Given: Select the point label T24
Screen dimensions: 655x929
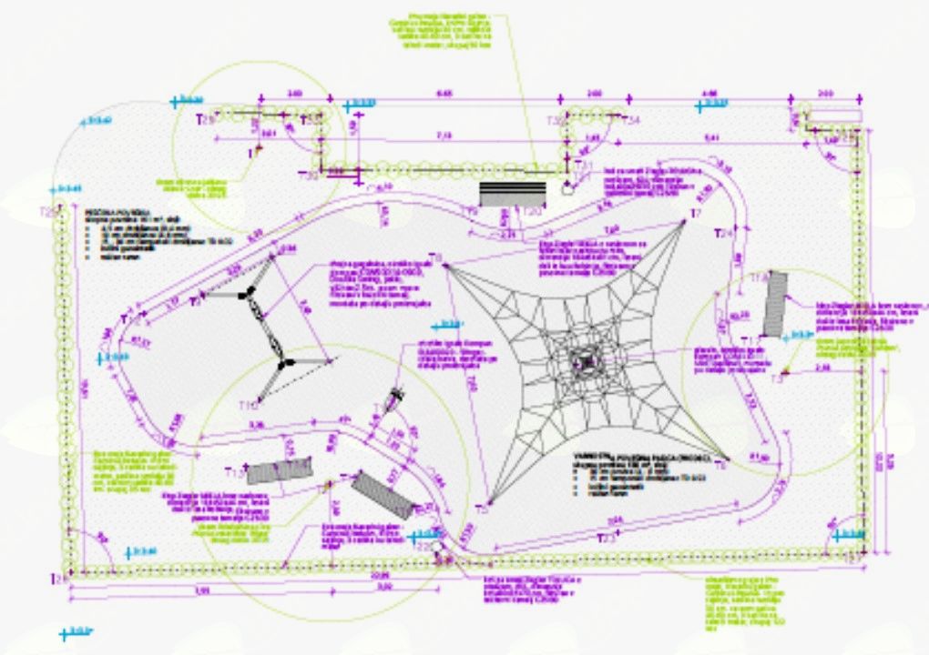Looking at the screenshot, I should pyautogui.click(x=725, y=234).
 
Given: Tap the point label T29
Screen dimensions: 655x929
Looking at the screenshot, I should pyautogui.click(x=208, y=119).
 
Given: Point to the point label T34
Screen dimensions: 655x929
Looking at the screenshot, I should pyautogui.click(x=632, y=120).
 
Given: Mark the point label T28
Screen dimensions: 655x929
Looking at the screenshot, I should pyautogui.click(x=60, y=579).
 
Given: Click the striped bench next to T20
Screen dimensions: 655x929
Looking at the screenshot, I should pyautogui.click(x=513, y=194).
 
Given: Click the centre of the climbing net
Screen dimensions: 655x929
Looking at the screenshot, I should pyautogui.click(x=581, y=361).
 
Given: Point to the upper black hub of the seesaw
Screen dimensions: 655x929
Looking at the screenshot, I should pyautogui.click(x=245, y=295).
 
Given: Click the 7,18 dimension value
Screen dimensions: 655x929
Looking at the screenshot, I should pyautogui.click(x=444, y=135).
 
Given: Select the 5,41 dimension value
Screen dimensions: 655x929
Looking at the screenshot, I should pyautogui.click(x=712, y=137).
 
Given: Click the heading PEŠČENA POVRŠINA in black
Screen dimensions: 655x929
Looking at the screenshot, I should pyautogui.click(x=110, y=208).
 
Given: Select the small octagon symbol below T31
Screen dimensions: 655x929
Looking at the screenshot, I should pyautogui.click(x=568, y=187).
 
